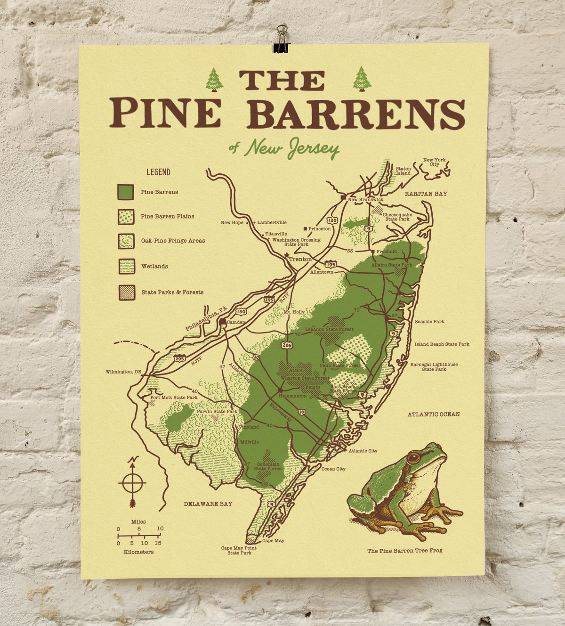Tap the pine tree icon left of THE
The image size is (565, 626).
[214, 80]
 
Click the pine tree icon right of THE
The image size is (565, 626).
[362, 79]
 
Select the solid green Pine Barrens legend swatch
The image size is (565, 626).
[126, 192]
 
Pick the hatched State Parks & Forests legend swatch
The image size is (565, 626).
[126, 292]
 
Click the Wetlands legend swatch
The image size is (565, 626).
[126, 266]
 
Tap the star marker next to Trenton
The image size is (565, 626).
[286, 255]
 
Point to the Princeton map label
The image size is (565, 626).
[319, 229]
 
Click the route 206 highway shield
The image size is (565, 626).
[287, 345]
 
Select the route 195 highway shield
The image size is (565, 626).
[331, 265]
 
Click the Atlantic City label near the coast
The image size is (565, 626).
[363, 451]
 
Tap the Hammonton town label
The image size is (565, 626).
[292, 396]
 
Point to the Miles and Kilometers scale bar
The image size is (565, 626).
[139, 536]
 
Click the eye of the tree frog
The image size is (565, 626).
[413, 457]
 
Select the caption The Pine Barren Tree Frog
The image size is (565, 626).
[404, 550]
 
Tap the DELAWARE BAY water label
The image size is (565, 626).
[208, 504]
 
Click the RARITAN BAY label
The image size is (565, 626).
[426, 194]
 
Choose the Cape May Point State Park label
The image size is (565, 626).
[239, 550]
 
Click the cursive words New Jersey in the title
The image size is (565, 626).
[292, 148]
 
